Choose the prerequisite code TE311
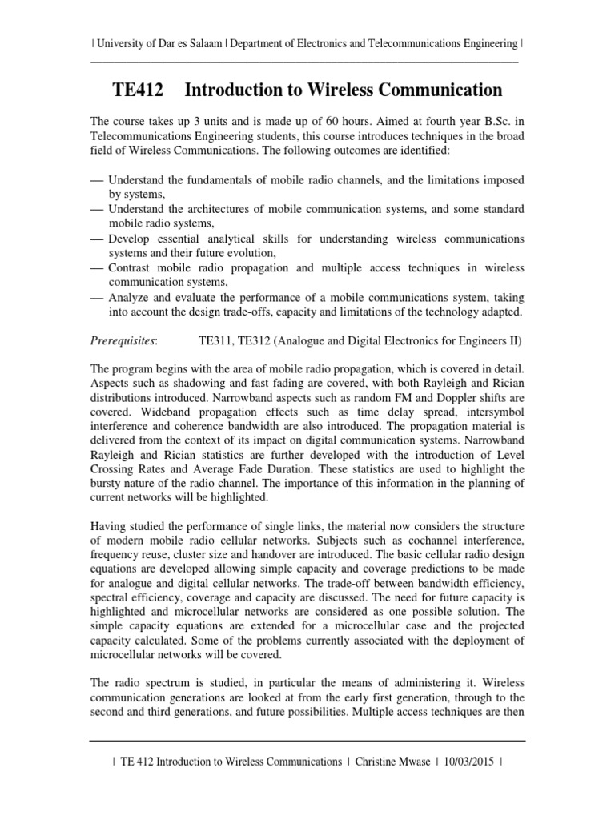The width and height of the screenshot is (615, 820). pos(215,341)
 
